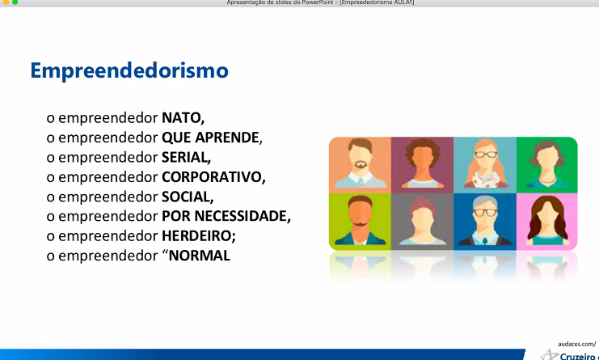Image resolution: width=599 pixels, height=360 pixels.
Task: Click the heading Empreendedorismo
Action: point(129,70)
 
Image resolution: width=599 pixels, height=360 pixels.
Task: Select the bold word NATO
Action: point(181,117)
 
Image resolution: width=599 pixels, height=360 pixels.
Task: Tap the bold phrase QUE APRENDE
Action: point(210,138)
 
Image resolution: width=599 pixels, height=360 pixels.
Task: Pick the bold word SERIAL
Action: point(184,157)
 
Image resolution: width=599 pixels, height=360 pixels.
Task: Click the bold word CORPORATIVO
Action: point(212,177)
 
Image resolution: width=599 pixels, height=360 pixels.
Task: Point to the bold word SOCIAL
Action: point(186,197)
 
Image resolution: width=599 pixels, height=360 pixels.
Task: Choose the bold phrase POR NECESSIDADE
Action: point(224,216)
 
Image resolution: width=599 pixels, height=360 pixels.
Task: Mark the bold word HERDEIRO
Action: point(196,235)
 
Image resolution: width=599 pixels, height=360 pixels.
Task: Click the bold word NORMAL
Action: point(200,256)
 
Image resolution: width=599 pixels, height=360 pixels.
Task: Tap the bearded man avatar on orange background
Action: point(361,165)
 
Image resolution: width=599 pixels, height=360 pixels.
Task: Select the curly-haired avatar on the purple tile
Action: point(423,165)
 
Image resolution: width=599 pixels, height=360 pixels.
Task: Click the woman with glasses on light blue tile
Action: point(485,165)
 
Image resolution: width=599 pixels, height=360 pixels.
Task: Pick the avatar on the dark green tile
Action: point(547,165)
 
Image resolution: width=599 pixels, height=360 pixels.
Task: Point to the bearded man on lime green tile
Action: point(361,222)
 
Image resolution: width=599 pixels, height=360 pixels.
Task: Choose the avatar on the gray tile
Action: point(423,222)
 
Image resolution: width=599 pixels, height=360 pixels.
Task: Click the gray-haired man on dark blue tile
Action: point(485,222)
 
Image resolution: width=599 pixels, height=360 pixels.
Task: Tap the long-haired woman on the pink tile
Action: point(547,222)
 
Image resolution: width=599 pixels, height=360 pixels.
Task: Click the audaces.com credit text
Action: point(577,344)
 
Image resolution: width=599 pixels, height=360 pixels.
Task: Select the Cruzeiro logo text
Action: point(579,356)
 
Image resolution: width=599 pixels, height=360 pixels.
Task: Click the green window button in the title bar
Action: point(15,2)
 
